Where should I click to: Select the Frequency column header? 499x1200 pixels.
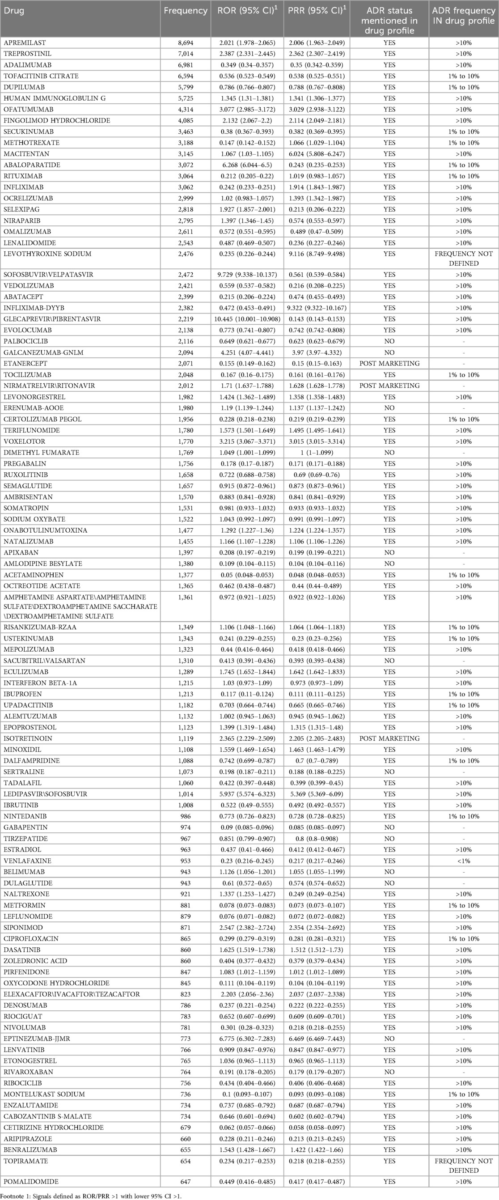click(186, 10)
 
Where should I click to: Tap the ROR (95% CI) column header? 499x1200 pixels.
click(247, 10)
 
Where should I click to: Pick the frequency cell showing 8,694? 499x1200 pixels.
click(186, 43)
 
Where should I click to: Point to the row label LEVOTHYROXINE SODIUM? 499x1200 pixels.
click(47, 254)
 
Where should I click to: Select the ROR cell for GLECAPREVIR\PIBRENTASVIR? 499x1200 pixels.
click(247, 319)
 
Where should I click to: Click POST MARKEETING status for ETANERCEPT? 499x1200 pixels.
click(389, 363)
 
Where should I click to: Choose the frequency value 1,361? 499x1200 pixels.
click(186, 597)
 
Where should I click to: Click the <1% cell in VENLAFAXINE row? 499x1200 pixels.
click(464, 861)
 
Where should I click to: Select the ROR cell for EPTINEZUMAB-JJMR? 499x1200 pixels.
click(247, 1039)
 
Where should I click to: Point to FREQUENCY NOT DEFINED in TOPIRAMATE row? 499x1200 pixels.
click(464, 1166)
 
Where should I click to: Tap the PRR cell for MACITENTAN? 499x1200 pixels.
click(317, 154)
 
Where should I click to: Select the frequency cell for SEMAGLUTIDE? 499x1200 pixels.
click(186, 486)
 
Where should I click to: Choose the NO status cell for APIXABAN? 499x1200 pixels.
click(389, 552)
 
